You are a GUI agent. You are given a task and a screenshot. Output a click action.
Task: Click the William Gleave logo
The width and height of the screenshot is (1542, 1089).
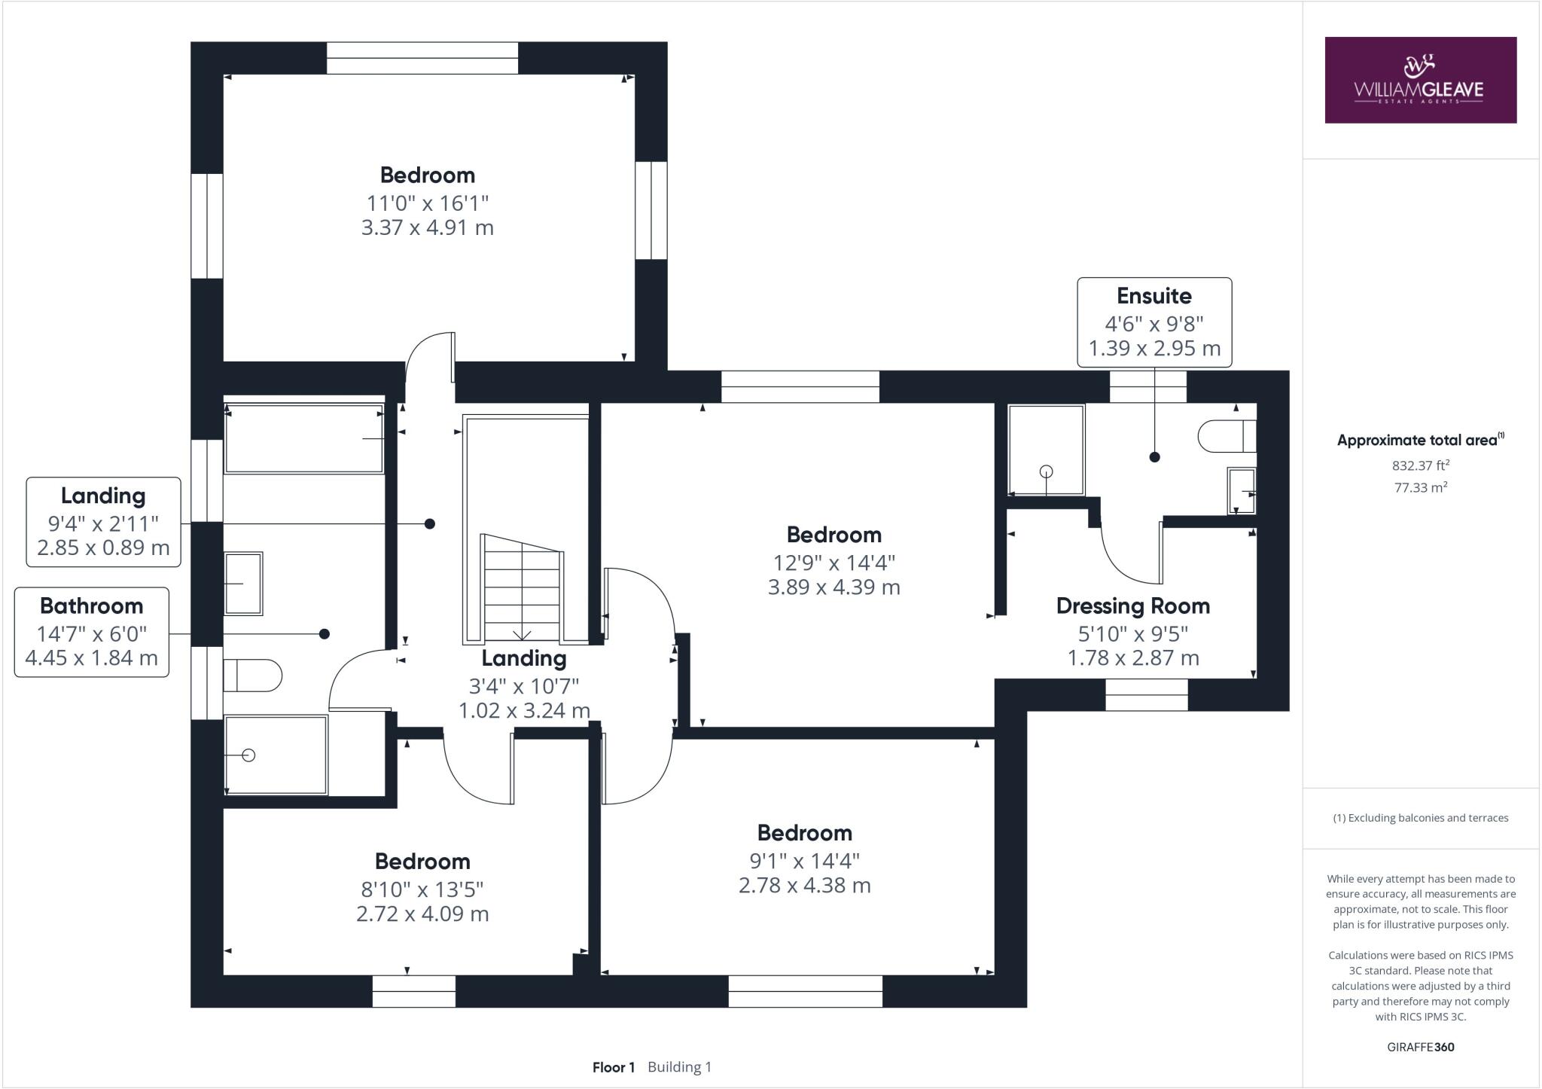coord(1420,80)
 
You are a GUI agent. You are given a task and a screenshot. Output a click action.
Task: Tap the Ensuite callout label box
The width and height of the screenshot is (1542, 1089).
coord(1153,322)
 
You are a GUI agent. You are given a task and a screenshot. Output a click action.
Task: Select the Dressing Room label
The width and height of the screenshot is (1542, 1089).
coord(1132,606)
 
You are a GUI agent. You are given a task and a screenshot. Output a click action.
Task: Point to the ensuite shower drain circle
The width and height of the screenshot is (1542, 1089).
coord(1046,471)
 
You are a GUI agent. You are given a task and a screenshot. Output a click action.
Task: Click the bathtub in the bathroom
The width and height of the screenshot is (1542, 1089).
coord(303,439)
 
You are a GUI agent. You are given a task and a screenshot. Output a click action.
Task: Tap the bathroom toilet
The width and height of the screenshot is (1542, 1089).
coord(252,676)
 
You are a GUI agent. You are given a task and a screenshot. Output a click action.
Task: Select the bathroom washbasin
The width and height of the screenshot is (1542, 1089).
coord(243,583)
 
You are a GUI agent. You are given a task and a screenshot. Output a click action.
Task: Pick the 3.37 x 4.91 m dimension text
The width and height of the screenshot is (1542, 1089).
coord(427,227)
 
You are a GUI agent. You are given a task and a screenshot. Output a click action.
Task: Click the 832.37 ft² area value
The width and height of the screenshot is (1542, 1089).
coord(1420,465)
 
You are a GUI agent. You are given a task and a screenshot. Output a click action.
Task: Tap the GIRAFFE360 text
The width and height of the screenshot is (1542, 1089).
coord(1420,1047)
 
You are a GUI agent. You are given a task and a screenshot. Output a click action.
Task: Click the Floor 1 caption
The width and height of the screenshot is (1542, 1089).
coord(614,1067)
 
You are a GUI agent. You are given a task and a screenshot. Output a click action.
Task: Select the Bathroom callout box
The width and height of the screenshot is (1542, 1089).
coord(92,632)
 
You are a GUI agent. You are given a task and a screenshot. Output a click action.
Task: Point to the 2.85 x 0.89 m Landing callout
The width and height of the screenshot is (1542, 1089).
coord(103,548)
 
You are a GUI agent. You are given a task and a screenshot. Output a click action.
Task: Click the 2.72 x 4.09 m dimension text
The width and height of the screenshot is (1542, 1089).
coord(422,914)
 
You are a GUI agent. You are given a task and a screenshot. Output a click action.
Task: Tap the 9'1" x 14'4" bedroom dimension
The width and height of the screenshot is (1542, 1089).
coord(804,860)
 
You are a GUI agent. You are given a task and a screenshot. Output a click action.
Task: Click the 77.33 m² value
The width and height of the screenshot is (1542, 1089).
coord(1420,487)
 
